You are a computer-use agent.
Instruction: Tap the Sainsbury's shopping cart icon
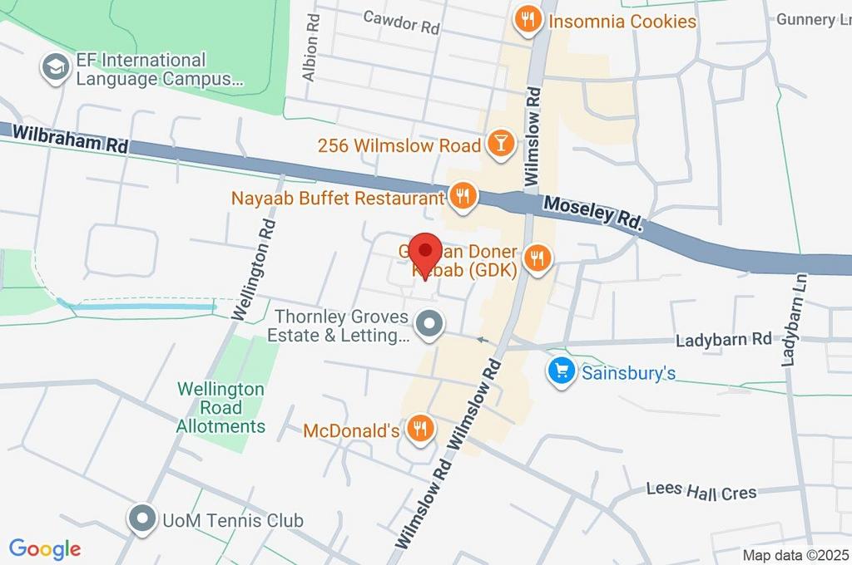tap(562, 371)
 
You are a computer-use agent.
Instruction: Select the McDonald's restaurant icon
tap(419, 429)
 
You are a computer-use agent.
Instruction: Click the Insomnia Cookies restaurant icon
tap(526, 19)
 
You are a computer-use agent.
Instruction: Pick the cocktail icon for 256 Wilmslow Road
tap(500, 144)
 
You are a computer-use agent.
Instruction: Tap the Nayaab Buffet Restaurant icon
tap(462, 197)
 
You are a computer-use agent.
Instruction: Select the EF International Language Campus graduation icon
tap(57, 69)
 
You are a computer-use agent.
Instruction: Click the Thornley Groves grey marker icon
tap(429, 325)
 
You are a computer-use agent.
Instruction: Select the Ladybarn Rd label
tap(724, 340)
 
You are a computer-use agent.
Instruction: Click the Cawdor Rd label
tap(401, 22)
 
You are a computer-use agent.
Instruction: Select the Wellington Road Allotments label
tap(220, 408)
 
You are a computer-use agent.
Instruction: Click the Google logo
tap(45, 548)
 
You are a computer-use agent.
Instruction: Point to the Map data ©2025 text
tap(794, 555)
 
